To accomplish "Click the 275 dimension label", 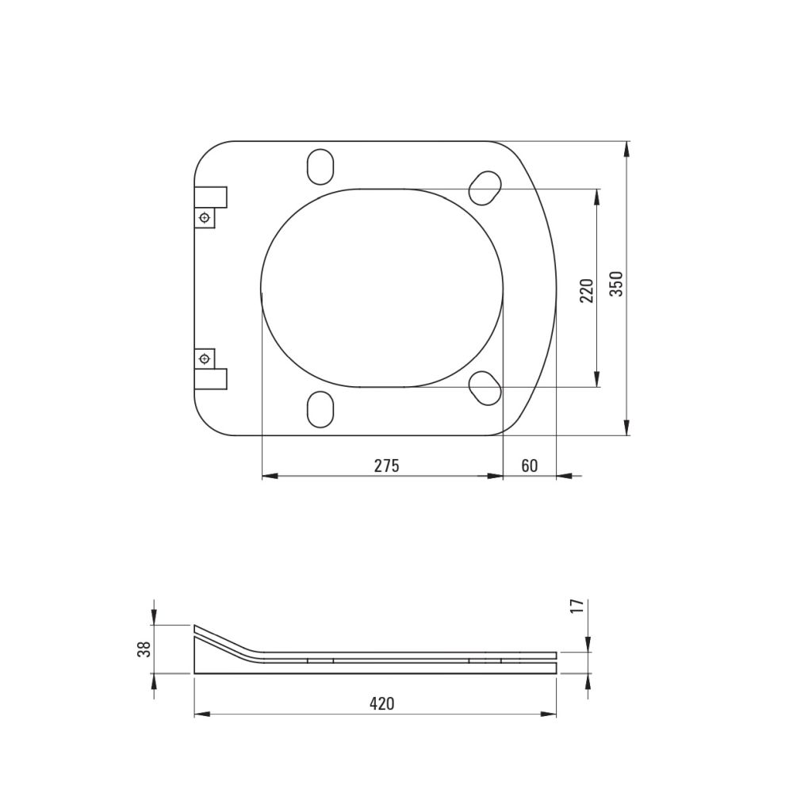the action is (387, 465).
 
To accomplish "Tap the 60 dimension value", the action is (530, 465).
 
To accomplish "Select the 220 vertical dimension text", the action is (587, 290).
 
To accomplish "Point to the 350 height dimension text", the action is (616, 284).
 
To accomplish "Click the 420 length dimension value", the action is (382, 703).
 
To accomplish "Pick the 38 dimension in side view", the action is (144, 649).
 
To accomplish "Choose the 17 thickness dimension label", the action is (579, 605).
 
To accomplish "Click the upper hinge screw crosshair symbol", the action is (205, 218).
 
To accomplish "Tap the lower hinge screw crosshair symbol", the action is (205, 358).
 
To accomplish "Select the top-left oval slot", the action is (320, 167).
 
